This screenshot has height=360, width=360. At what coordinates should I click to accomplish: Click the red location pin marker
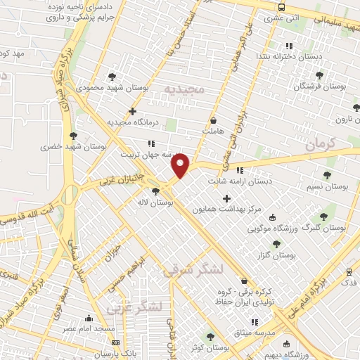click(181, 165)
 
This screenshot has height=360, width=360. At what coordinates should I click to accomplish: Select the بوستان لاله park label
click(157, 202)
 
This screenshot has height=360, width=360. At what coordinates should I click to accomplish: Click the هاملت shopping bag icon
click(212, 120)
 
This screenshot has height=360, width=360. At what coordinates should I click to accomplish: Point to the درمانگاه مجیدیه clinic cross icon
click(132, 111)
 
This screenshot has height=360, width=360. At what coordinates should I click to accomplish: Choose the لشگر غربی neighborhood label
click(135, 307)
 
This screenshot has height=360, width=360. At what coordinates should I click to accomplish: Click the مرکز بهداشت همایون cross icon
click(226, 199)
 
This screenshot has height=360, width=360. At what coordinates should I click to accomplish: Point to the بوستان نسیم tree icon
click(327, 174)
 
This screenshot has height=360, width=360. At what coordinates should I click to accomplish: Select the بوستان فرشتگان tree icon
click(319, 75)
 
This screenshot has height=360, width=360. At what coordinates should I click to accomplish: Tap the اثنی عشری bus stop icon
click(282, 7)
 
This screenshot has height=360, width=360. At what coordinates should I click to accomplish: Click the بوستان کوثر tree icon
click(209, 337)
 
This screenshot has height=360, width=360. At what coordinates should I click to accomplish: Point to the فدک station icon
click(349, 271)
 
